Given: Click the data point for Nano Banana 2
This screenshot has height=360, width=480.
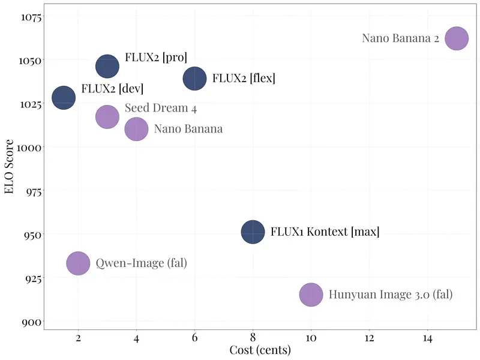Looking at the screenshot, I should coord(457,39).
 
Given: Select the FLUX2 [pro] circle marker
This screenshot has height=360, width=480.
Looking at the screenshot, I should coord(107,66).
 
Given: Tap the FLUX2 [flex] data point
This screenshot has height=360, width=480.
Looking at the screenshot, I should coord(194,78).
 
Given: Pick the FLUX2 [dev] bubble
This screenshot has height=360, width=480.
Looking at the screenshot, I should coord(64,98).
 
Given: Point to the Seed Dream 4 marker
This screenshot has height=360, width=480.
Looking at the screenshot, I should coord(107,116).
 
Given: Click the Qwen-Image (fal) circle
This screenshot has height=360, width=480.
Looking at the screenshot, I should coord(78,263).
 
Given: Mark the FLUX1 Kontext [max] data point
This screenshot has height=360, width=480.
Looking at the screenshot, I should coord(253,232).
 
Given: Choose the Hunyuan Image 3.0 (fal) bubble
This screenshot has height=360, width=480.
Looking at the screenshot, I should coord(311,295).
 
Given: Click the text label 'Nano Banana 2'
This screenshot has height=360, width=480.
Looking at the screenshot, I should coord(401,38).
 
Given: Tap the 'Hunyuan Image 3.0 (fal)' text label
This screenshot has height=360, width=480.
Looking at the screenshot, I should coord(391,295).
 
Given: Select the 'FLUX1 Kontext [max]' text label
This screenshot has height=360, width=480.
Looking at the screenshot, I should coord(325,232).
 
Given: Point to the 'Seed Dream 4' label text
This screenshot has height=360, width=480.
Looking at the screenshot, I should coord(161,109).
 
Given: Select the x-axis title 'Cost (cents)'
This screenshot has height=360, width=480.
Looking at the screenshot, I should coord(260,350).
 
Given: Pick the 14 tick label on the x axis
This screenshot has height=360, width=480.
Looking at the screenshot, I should coord(427,338).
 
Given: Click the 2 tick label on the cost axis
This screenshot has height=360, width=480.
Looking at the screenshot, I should coord(78,338).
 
